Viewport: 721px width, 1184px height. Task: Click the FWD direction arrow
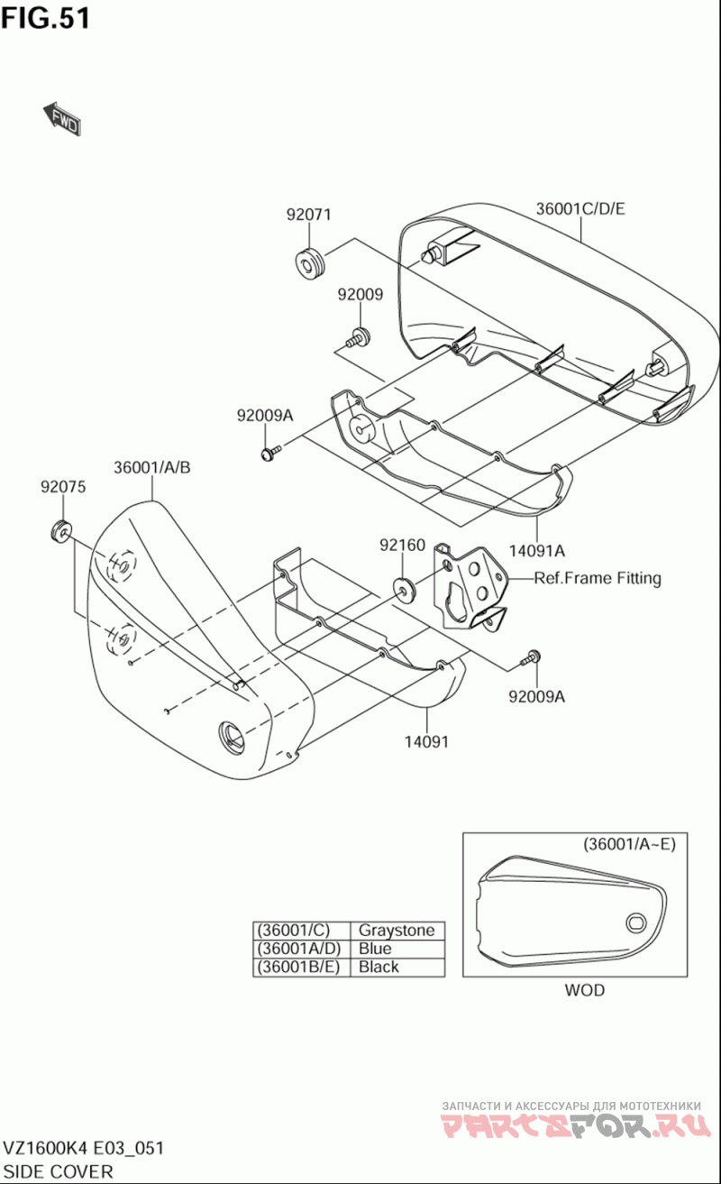(x=62, y=119)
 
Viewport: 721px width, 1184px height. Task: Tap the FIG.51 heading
(x=46, y=18)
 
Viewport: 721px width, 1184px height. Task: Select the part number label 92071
(x=309, y=215)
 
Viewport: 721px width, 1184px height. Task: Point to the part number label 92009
(x=360, y=294)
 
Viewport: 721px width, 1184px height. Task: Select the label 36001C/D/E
(x=580, y=209)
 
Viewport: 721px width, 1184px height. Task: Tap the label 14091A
(x=536, y=551)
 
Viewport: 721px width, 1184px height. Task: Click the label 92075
(x=63, y=487)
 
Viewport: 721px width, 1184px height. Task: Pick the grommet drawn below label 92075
(x=62, y=531)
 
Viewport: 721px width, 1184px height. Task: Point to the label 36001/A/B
(x=152, y=467)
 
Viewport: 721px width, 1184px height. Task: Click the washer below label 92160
(x=404, y=589)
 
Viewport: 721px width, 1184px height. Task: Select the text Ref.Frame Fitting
(x=598, y=578)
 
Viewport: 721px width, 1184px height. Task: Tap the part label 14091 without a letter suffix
(x=426, y=741)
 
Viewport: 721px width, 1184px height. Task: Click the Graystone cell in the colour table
(x=397, y=930)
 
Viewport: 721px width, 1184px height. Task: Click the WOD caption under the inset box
(x=585, y=990)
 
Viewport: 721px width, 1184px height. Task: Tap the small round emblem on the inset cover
(x=636, y=922)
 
